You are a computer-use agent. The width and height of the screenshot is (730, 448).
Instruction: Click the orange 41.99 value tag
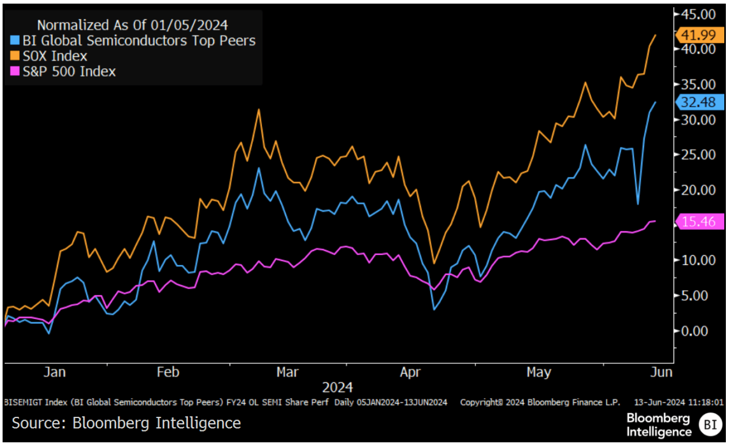(699, 35)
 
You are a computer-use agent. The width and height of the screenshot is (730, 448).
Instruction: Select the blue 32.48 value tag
(699, 102)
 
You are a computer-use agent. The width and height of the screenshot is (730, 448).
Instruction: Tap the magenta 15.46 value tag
(699, 222)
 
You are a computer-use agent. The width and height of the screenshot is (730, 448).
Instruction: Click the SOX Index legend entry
(54, 56)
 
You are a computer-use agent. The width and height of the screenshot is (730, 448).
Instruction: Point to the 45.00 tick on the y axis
(698, 14)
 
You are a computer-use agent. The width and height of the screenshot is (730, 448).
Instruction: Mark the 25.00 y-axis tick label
(698, 155)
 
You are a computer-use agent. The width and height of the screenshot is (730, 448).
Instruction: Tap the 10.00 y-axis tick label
(698, 260)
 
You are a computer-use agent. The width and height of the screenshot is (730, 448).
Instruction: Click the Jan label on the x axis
(54, 372)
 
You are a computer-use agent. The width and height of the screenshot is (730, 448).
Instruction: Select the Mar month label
(287, 372)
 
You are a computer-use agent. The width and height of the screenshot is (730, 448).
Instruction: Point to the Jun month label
(661, 372)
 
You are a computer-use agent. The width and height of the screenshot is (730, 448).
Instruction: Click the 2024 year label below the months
(338, 387)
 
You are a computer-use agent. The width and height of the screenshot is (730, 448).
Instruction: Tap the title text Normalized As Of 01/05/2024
(133, 25)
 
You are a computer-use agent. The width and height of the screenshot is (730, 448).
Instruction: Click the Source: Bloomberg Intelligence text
(126, 423)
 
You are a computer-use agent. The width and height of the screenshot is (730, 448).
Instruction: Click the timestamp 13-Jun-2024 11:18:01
(679, 402)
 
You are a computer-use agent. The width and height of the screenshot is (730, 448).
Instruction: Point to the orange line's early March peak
(258, 109)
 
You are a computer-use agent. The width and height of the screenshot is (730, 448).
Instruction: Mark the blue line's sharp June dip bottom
(638, 204)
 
